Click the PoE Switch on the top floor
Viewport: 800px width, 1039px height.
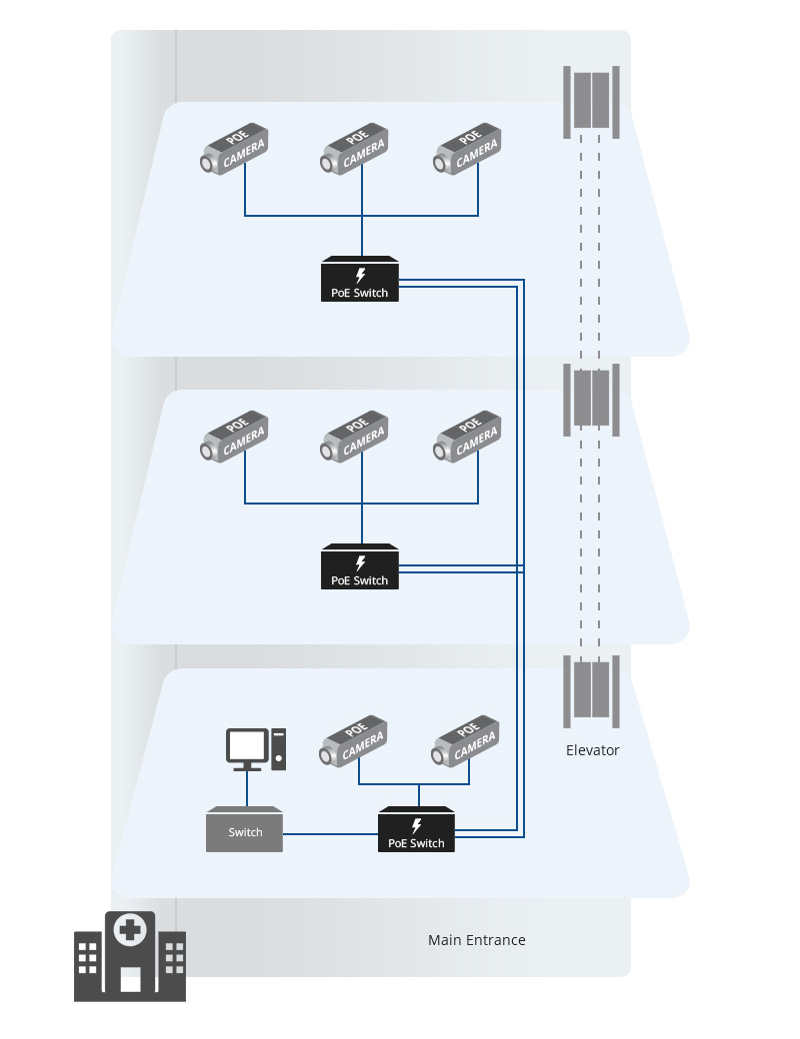pyautogui.click(x=360, y=281)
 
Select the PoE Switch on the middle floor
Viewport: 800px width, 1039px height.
pyautogui.click(x=360, y=567)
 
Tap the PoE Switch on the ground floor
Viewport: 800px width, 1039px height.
pyautogui.click(x=416, y=830)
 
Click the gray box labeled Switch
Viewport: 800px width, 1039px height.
pyautogui.click(x=245, y=830)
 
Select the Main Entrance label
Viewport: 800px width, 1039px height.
pyautogui.click(x=476, y=940)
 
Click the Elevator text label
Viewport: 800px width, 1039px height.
pyautogui.click(x=592, y=750)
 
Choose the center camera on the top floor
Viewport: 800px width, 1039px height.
pyautogui.click(x=356, y=150)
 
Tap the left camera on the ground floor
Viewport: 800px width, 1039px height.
pyautogui.click(x=356, y=741)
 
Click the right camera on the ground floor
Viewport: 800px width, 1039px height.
pyautogui.click(x=468, y=741)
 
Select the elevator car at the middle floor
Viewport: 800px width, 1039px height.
pyautogui.click(x=591, y=398)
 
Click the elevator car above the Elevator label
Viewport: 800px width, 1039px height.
pyautogui.click(x=591, y=690)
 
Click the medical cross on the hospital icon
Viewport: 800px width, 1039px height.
pyautogui.click(x=129, y=930)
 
